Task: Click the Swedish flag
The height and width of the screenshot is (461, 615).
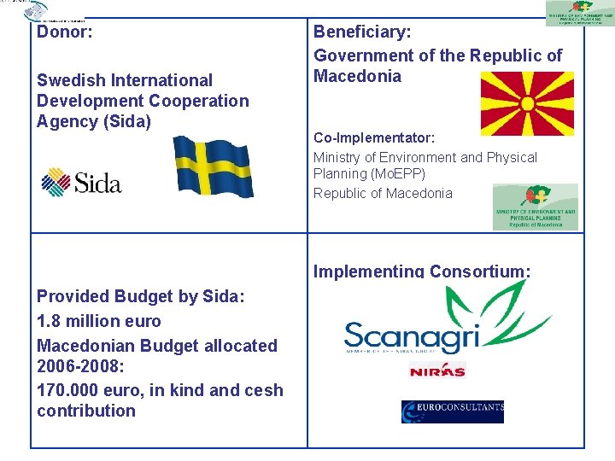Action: (214, 166)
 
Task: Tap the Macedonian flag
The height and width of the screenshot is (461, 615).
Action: (527, 103)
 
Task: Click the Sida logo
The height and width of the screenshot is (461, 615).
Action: (82, 182)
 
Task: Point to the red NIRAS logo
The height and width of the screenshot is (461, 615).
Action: (436, 371)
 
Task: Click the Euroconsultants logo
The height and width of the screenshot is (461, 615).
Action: (452, 411)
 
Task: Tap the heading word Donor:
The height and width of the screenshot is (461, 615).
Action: (64, 32)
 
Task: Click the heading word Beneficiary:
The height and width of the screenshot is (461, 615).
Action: (362, 32)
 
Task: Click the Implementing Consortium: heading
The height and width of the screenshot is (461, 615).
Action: (422, 271)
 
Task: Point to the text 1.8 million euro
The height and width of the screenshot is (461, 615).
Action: (98, 321)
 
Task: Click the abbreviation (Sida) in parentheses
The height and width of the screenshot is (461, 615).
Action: (126, 121)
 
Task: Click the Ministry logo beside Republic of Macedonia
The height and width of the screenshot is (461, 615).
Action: (535, 207)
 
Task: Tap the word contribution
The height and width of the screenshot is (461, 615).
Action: (86, 411)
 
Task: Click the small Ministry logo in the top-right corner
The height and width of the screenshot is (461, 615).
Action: (580, 13)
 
